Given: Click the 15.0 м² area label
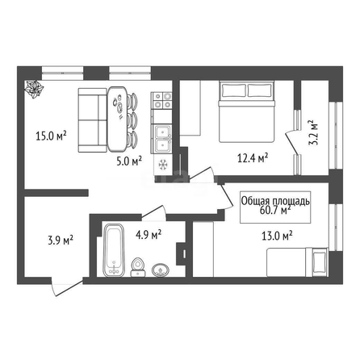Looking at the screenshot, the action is [x=51, y=136].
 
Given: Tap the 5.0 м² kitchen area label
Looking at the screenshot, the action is [x=129, y=161].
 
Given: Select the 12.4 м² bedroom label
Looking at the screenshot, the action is [x=253, y=158].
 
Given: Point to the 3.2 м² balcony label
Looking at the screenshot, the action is [x=313, y=132].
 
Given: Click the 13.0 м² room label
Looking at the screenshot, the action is [x=277, y=236].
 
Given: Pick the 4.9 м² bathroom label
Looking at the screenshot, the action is [x=149, y=234].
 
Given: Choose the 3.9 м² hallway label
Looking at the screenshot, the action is [x=61, y=240].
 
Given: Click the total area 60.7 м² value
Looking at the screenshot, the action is [x=275, y=210].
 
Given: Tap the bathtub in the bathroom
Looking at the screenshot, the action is [x=114, y=250].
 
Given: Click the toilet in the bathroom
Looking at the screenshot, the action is [x=138, y=267].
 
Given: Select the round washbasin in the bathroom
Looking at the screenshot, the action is [x=161, y=270].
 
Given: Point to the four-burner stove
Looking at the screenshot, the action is [x=161, y=100].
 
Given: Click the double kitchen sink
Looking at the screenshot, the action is [x=161, y=139].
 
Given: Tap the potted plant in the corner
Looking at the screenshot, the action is [x=34, y=89].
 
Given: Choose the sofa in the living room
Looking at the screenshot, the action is [x=92, y=120].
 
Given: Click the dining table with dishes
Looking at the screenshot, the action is [x=117, y=119].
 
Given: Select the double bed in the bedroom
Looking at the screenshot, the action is [x=247, y=111].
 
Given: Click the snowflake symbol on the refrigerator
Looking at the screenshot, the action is [x=162, y=165].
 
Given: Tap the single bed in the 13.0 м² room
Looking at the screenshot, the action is [x=297, y=262].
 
